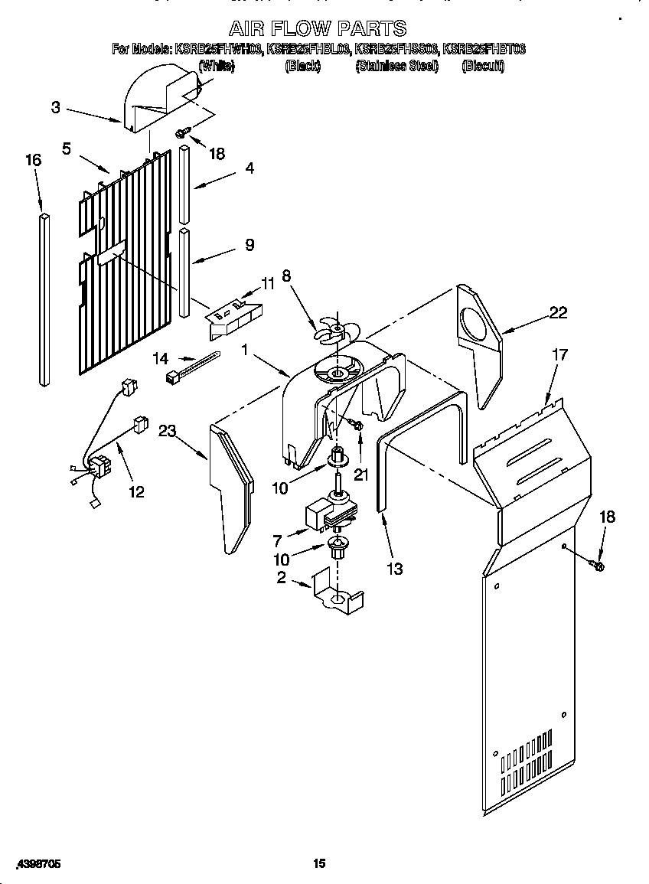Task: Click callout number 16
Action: [x=33, y=160]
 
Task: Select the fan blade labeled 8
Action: [x=336, y=330]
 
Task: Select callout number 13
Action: [x=395, y=569]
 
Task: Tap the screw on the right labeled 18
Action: [x=598, y=566]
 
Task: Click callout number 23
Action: [x=167, y=431]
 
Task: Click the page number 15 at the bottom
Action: [x=319, y=863]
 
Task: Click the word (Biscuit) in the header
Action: [x=483, y=67]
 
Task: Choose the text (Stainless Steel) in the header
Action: [x=396, y=67]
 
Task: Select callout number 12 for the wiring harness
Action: [x=135, y=491]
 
